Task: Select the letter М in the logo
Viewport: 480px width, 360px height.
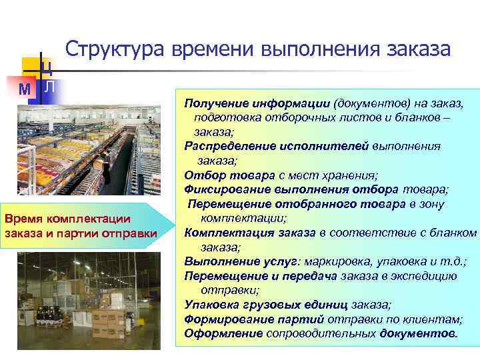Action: coord(25,88)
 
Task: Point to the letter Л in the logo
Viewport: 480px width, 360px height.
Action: coord(50,87)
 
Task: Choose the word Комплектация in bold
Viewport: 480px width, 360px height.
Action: coord(219,233)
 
